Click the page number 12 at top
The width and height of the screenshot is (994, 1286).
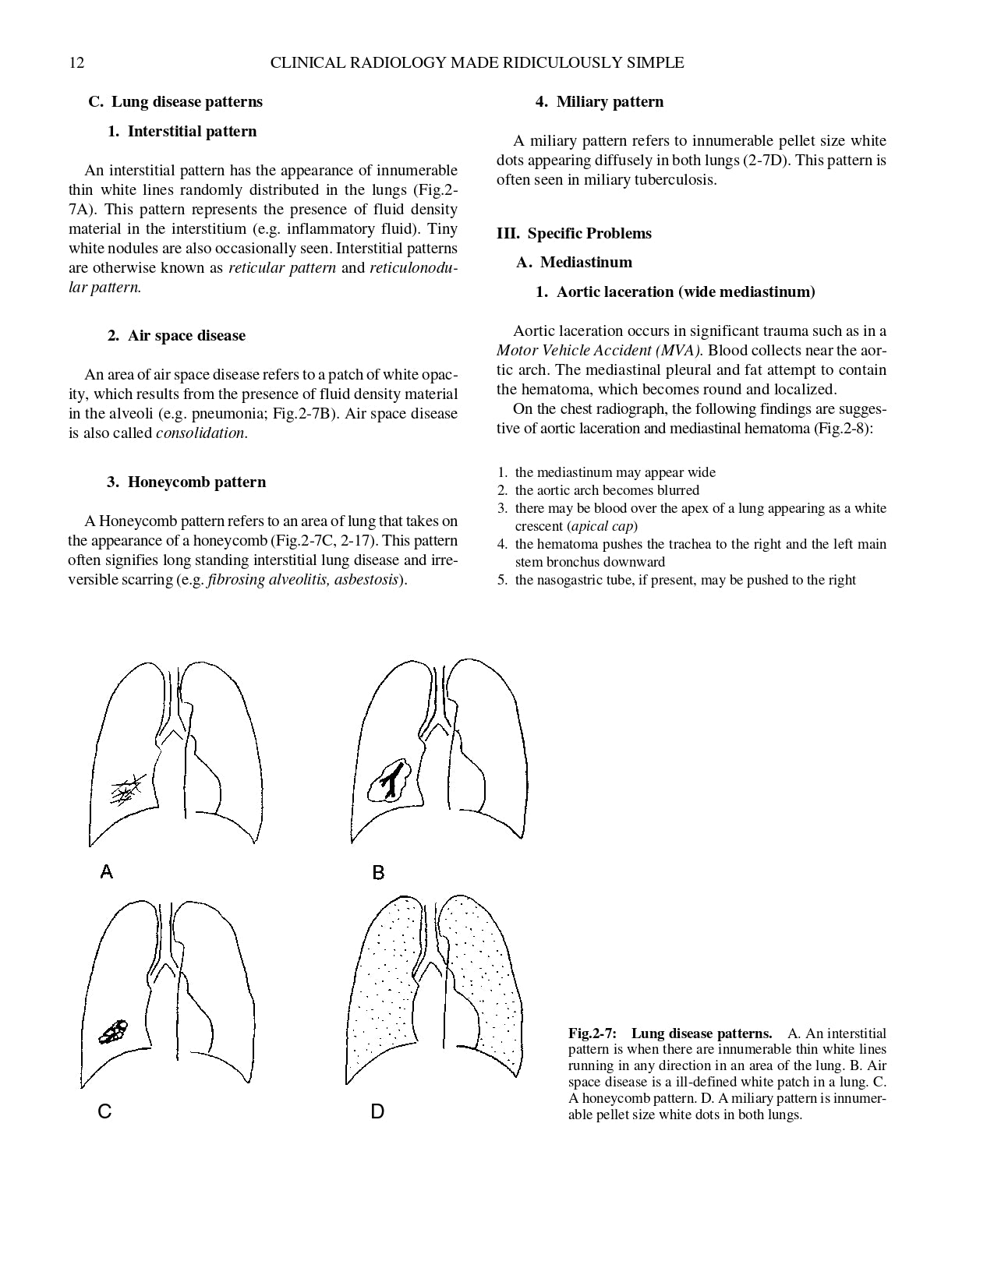coord(76,63)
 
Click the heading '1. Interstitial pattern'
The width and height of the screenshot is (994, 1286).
coord(182,132)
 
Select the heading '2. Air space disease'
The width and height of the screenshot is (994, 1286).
coord(176,336)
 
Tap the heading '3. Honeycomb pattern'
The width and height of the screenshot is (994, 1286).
coord(186,482)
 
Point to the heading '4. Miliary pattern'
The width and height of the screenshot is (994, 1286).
coord(599,102)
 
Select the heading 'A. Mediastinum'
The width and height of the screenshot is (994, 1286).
coord(574,263)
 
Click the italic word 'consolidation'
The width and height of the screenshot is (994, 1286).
coord(200,433)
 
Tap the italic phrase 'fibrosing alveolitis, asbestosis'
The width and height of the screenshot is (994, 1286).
coord(303,580)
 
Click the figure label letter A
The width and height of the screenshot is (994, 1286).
coord(107,872)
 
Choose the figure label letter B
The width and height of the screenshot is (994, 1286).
coord(378,873)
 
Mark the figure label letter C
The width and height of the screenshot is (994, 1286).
coord(104,1112)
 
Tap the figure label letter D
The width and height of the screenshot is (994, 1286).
coord(377,1112)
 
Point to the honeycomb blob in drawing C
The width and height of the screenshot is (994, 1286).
coord(114,1032)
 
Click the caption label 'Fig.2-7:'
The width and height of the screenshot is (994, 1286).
coord(592,1034)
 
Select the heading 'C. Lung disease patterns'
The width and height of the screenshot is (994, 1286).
coord(175,102)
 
